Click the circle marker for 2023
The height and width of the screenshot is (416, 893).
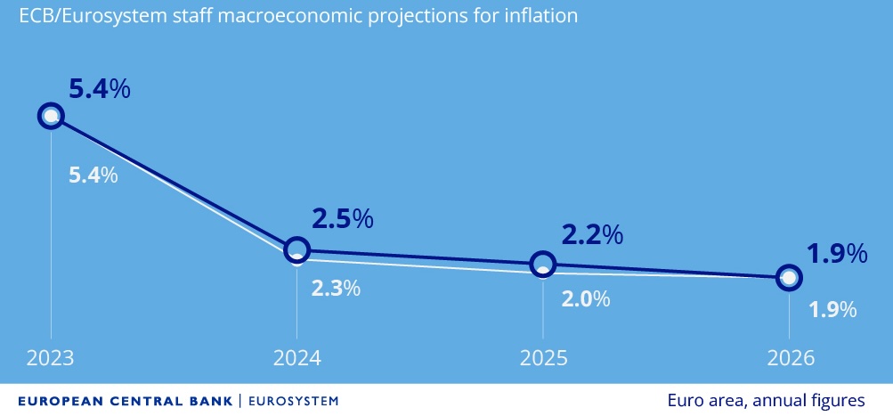click(x=51, y=116)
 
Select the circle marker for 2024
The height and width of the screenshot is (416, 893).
click(x=297, y=250)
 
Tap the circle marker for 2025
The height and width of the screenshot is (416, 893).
click(x=542, y=264)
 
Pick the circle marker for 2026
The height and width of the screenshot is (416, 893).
click(x=788, y=277)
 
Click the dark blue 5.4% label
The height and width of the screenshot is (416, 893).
click(x=100, y=89)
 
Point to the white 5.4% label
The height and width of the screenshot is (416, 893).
click(x=93, y=175)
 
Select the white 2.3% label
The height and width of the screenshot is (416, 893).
click(x=336, y=288)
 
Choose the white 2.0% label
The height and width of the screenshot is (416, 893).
click(x=585, y=299)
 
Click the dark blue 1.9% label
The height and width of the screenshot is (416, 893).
click(x=837, y=254)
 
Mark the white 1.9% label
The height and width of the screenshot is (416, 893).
click(x=832, y=310)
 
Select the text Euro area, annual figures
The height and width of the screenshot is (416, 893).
click(x=765, y=400)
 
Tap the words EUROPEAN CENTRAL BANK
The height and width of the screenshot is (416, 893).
click(x=125, y=401)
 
